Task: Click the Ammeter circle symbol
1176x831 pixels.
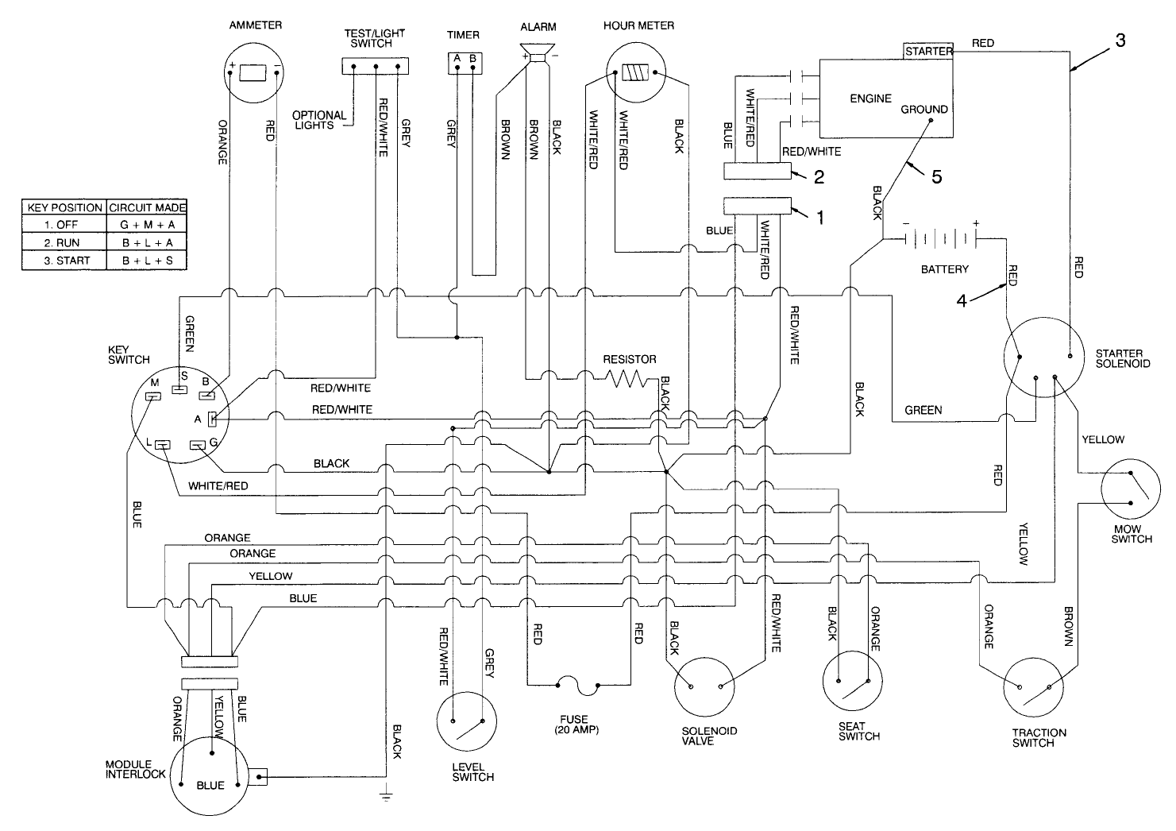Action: coord(255,73)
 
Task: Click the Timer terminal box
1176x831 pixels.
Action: coord(465,60)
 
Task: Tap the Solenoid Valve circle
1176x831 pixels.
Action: coord(704,686)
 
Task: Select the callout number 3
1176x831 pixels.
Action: coord(1120,41)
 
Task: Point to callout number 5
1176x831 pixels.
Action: coord(937,177)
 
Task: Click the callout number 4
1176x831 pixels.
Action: coord(962,301)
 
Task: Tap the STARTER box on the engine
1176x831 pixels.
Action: coord(928,51)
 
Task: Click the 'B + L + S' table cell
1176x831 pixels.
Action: coord(147,261)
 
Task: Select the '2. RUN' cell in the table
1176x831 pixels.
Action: coord(63,243)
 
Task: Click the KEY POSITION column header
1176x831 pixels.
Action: coord(64,207)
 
